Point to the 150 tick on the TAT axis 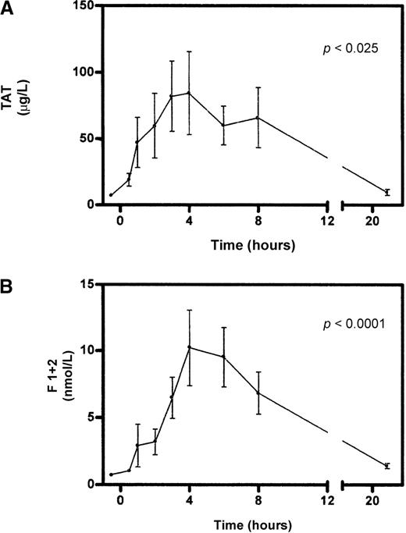87,6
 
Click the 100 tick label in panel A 87,73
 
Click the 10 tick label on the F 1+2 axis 91,350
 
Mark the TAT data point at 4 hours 188,93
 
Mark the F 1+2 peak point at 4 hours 188,347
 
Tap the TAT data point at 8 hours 258,118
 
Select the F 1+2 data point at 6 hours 223,357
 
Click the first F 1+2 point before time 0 111,474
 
